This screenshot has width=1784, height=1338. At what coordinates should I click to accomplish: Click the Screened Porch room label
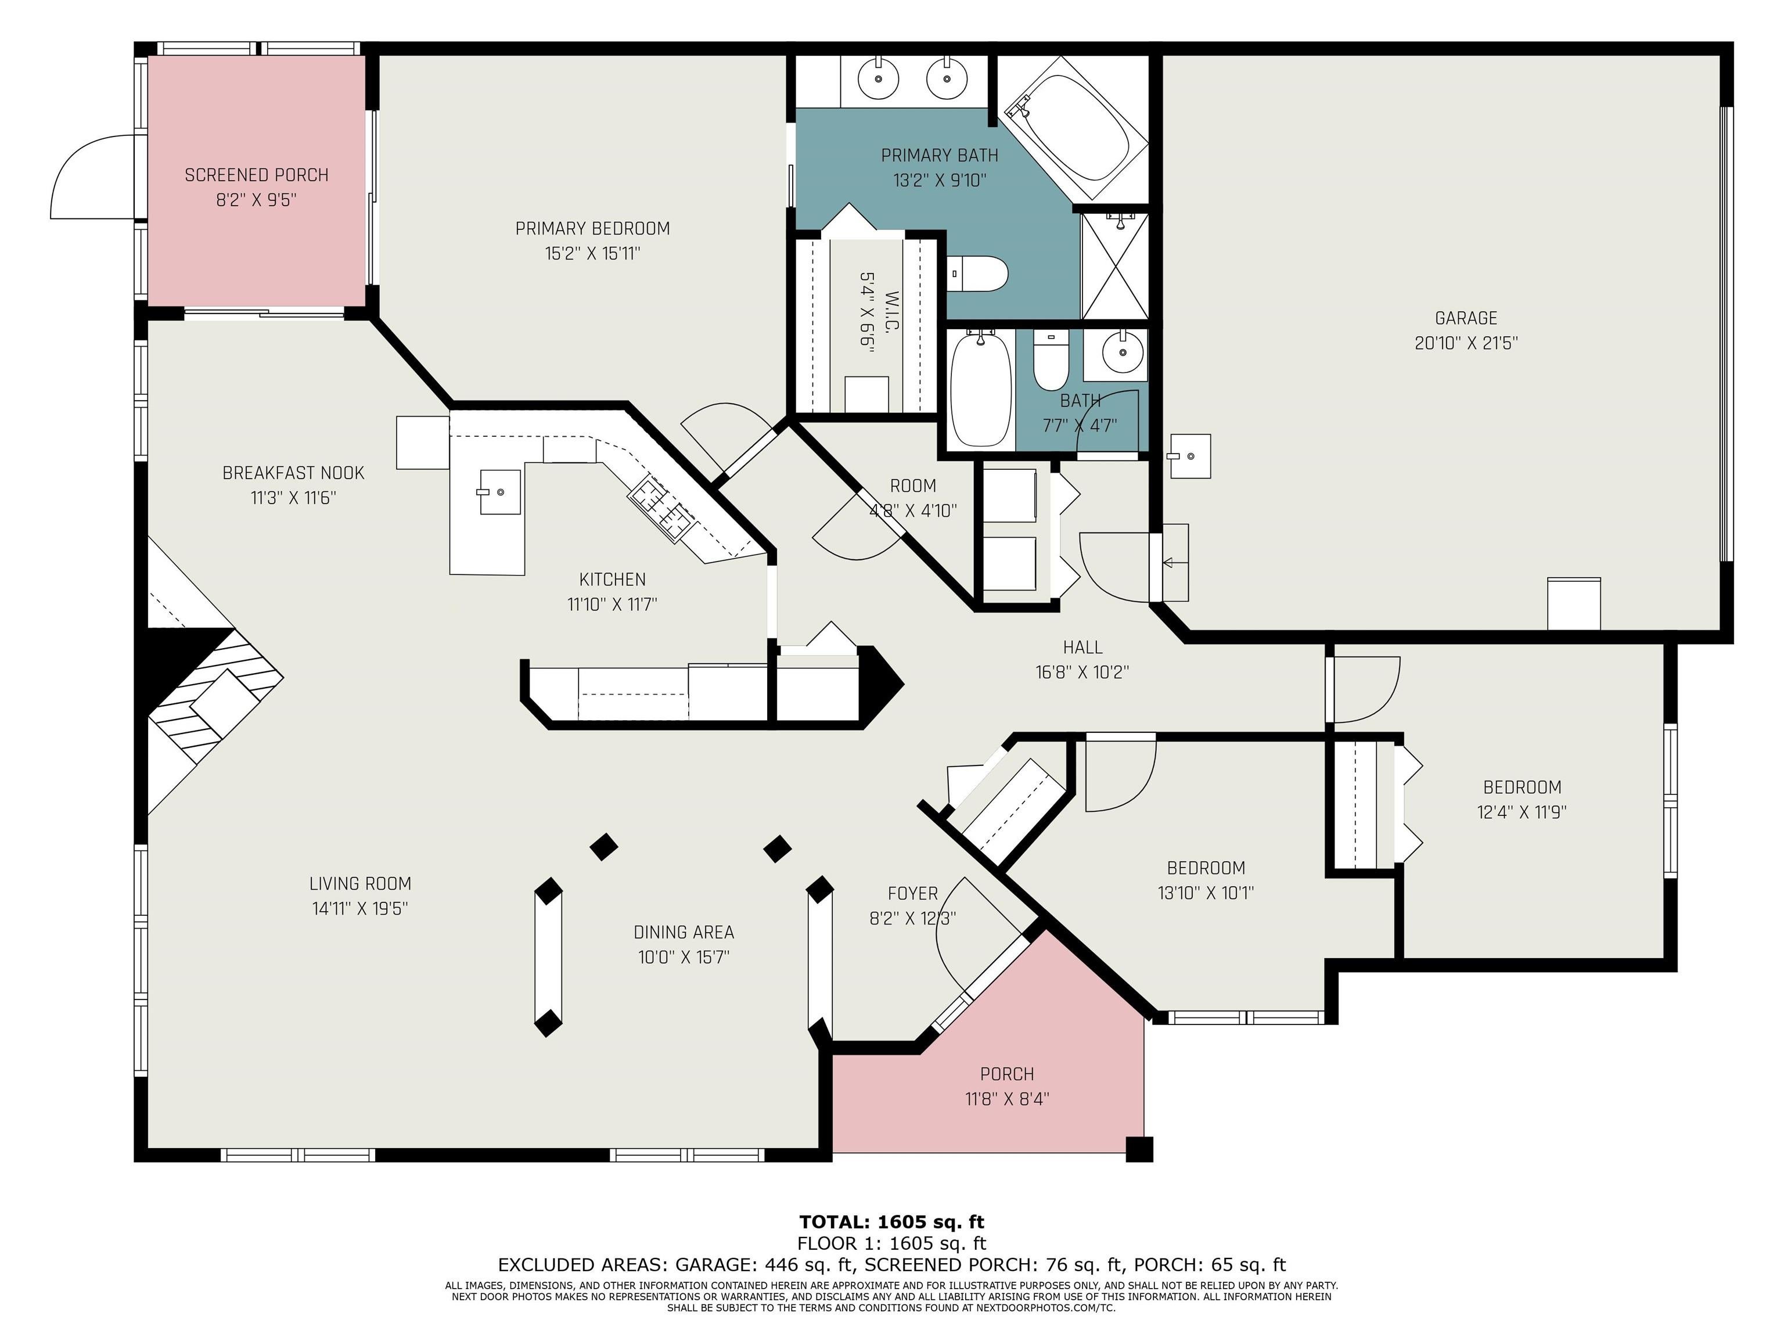coord(257,175)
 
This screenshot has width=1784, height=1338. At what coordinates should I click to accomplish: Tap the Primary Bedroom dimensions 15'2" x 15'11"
coord(593,254)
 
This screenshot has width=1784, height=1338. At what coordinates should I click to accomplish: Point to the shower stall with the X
coord(1114,265)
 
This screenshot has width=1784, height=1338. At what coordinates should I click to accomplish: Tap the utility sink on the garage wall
coord(1189,456)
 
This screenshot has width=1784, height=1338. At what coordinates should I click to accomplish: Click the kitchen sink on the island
coord(499,491)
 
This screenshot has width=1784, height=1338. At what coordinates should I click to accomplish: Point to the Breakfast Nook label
coord(294,473)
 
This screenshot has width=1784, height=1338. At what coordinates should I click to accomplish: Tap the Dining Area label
coord(684,932)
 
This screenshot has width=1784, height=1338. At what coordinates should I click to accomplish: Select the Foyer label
coord(913,894)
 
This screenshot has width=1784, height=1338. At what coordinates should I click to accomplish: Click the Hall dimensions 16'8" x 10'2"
coord(1082,672)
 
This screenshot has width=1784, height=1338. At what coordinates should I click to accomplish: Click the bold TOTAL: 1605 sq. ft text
coord(892,1222)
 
